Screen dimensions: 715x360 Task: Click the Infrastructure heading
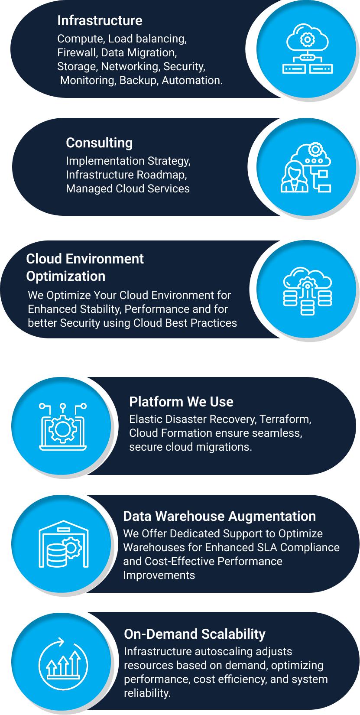tap(100, 20)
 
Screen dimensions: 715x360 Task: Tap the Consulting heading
tap(99, 143)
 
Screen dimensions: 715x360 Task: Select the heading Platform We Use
tap(181, 402)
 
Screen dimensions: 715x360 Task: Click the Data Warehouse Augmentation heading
tap(219, 516)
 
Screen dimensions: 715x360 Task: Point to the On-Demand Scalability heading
tap(195, 634)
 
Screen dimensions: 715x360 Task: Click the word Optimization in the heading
tap(65, 276)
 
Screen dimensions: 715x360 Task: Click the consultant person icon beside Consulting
tap(295, 176)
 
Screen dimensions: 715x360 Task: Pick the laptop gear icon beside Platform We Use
tap(63, 427)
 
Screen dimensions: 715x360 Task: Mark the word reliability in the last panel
tap(147, 693)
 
